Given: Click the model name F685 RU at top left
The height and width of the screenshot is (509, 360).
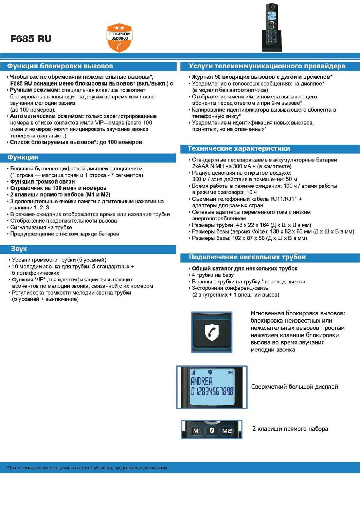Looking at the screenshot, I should [x=31, y=39].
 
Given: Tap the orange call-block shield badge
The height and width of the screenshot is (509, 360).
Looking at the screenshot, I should [x=119, y=38].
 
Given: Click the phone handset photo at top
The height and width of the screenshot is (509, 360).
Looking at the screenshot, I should [x=272, y=27].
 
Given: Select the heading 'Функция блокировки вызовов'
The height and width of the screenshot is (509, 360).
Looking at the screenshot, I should [x=60, y=66].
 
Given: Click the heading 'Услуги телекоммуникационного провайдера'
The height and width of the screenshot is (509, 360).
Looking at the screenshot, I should [x=267, y=66].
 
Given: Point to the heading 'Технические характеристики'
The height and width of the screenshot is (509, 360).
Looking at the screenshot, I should [x=239, y=148].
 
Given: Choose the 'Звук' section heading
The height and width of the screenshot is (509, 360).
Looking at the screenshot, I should [x=19, y=249].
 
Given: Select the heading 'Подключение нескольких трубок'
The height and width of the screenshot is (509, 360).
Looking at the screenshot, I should [x=247, y=257].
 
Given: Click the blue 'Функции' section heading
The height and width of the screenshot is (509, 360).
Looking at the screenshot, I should [x=23, y=157].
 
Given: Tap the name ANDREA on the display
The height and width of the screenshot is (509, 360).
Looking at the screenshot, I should [x=201, y=381].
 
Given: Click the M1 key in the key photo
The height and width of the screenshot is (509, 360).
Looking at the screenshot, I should [x=197, y=431].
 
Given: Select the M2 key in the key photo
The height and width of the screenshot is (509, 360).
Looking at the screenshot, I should [x=227, y=431].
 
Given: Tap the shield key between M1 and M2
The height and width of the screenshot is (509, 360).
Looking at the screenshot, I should [x=212, y=430].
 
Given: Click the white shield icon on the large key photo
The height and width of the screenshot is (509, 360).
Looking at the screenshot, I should [x=212, y=332].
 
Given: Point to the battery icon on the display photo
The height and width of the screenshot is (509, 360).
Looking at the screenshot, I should [x=231, y=372].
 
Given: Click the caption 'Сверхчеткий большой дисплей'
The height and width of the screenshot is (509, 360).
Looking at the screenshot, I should [x=294, y=387].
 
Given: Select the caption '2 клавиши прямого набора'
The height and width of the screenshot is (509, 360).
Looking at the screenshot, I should [x=290, y=429].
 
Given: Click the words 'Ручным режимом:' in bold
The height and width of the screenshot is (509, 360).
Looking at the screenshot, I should [x=35, y=90].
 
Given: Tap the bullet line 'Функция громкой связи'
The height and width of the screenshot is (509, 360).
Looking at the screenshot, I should [x=42, y=182].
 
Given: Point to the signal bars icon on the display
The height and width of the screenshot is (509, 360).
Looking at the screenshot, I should [x=193, y=372].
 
